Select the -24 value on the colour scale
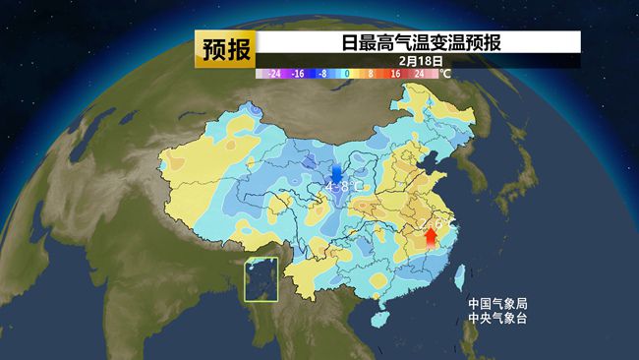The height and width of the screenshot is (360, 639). click(x=274, y=73)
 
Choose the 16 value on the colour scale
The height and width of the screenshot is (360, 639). click(x=394, y=73)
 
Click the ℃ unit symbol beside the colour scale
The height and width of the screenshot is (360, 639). click(x=445, y=73)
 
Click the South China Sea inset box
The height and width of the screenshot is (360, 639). click(x=261, y=278)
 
